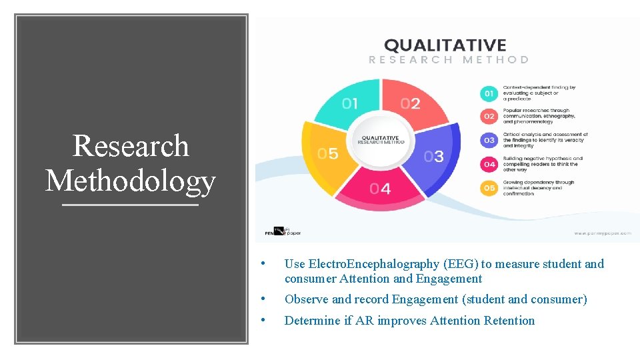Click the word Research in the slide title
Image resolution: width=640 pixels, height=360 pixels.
(131, 146)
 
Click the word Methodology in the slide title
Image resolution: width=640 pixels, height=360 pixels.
(131, 180)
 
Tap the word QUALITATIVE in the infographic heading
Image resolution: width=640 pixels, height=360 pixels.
(445, 45)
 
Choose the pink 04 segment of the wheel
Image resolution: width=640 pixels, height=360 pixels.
(380, 188)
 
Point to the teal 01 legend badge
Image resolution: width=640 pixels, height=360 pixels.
(489, 93)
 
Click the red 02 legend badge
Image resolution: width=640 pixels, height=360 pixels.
(489, 117)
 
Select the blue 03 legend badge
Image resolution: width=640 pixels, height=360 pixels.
(489, 141)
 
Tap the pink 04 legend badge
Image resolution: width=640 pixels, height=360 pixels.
(489, 164)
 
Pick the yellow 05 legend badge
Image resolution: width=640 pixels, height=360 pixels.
(489, 188)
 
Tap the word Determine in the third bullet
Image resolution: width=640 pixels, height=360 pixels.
(312, 321)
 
